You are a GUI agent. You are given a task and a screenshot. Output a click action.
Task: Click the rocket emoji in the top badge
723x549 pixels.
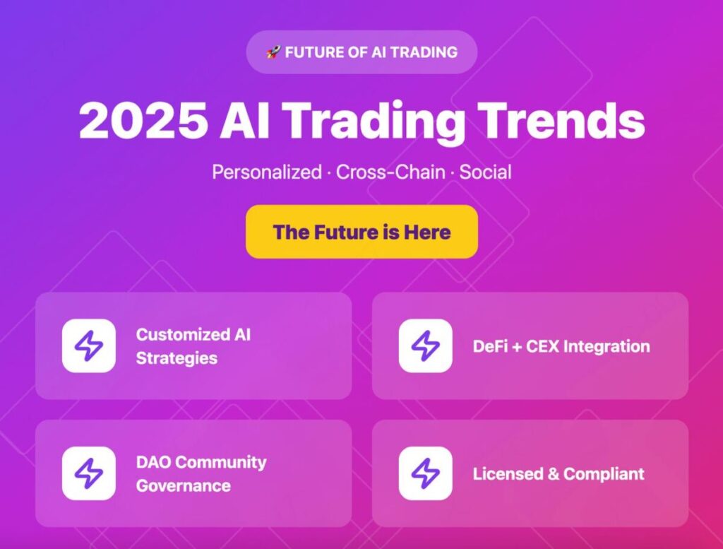273,52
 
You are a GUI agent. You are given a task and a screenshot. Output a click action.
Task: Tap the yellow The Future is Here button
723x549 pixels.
362,232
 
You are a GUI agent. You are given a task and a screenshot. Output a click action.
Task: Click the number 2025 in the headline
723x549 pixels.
143,120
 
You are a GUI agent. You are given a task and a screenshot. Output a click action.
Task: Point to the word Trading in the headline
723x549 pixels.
374,123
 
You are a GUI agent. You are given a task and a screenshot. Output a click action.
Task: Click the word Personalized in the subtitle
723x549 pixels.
267,172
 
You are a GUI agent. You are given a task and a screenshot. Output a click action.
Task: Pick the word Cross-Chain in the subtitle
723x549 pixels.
390,172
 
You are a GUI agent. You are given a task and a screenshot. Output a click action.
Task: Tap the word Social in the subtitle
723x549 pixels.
486,172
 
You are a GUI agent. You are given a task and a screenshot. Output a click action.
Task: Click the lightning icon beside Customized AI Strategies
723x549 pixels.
89,346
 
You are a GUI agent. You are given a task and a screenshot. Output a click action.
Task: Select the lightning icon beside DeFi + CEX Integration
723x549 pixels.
426,346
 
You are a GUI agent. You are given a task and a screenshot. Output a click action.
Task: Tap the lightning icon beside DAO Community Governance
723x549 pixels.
89,473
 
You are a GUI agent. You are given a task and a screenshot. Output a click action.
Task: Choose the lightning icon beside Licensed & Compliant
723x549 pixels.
426,473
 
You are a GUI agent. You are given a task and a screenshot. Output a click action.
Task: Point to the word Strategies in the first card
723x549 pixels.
177,358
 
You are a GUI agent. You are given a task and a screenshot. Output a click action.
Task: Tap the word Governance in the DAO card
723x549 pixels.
184,486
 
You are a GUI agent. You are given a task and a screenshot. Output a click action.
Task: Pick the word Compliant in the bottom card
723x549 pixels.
604,474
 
